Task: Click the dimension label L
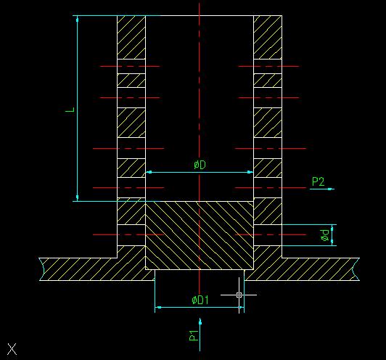tap(70, 110)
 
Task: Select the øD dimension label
tap(200, 165)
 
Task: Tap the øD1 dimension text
tap(200, 300)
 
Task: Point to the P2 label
tap(319, 181)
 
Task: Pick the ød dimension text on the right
tap(325, 235)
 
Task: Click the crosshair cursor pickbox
tap(239, 295)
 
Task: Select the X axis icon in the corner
tap(12, 349)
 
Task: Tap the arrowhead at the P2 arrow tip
tap(332, 189)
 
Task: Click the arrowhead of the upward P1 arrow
tap(200, 322)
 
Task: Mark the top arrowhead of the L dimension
tap(78, 19)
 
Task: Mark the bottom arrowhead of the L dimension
tap(78, 197)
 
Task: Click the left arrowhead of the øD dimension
tap(149, 172)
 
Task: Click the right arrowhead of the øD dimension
tap(250, 172)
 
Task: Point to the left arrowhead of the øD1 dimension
tap(158, 307)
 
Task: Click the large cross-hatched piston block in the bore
tap(200, 235)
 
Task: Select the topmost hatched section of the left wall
tap(131, 37)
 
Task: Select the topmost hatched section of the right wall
tap(268, 37)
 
